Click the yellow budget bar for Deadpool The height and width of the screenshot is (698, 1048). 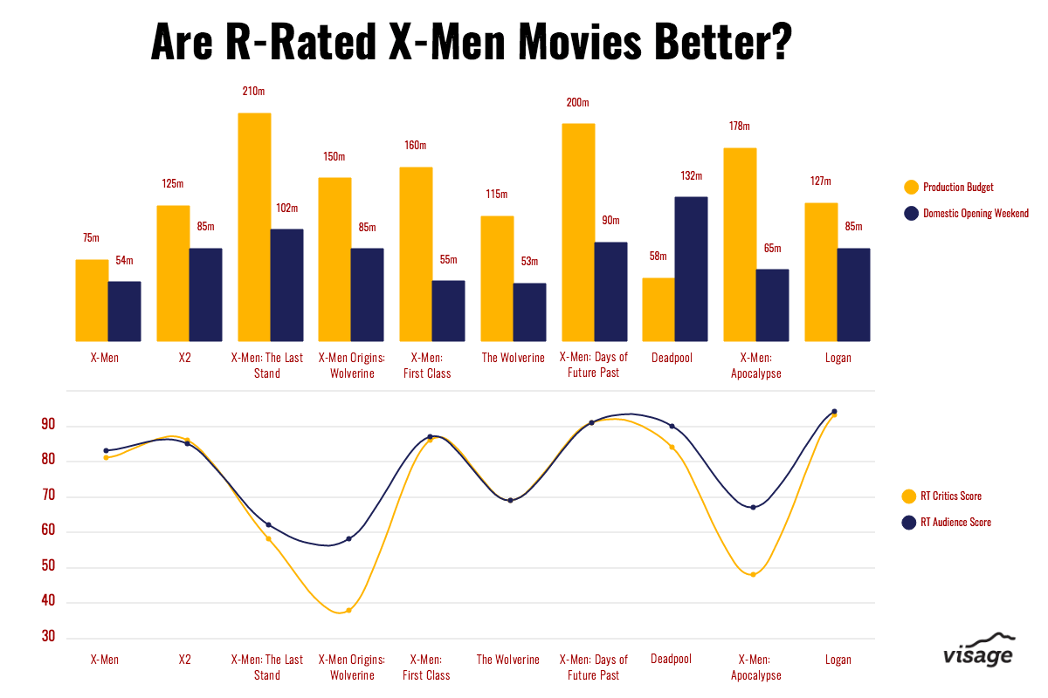[x=658, y=310]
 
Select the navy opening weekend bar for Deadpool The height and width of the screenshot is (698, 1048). [x=691, y=269]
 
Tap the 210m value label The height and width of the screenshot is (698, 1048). [x=254, y=91]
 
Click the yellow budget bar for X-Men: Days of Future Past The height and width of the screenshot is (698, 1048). [x=578, y=232]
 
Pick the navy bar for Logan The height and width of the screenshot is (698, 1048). [x=853, y=295]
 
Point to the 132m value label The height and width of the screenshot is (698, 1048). [x=691, y=175]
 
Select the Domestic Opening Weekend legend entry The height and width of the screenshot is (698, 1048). [x=966, y=213]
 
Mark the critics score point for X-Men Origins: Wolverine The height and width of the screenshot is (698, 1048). [x=348, y=610]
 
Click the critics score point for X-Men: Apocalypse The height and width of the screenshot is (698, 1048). [x=753, y=574]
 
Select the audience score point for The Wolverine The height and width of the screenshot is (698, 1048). [x=510, y=500]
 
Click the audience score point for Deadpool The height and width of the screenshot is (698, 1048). [x=672, y=426]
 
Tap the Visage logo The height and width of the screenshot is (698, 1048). [x=978, y=651]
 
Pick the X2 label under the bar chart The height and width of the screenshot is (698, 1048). [x=185, y=358]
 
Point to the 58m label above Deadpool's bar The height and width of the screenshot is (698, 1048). [x=658, y=257]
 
